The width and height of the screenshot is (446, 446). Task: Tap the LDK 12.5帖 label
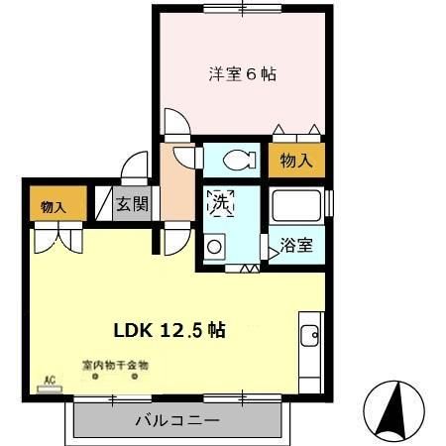[x=174, y=331]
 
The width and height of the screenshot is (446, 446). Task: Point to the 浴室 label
[x=296, y=244]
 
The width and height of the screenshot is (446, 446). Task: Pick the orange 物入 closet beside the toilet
[x=296, y=162]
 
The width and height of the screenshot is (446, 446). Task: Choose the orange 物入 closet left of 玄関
[x=53, y=206]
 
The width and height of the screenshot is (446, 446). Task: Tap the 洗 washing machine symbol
[x=219, y=204]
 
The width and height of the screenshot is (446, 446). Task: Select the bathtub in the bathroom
[x=298, y=208]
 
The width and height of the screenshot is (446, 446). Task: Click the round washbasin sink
[x=214, y=247]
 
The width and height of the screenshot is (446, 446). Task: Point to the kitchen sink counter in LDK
[x=310, y=352]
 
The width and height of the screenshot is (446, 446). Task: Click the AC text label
[x=47, y=379]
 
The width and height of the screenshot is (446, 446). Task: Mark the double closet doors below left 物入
[x=55, y=238]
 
